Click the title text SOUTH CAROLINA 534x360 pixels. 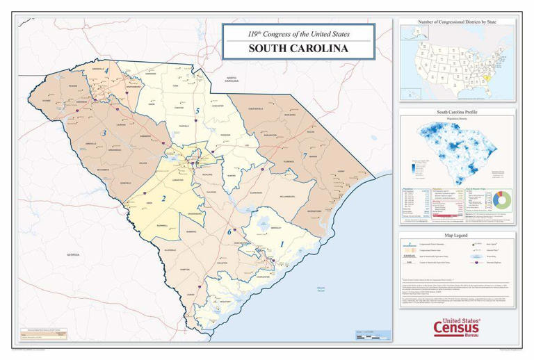coord(300,49)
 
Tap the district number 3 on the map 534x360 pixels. coord(104,133)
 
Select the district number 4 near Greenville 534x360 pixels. coord(106,72)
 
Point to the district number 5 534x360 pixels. coord(197,111)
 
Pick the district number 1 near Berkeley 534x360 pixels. coord(282,244)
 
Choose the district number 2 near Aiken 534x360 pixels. coord(163,199)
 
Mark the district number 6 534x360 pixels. coord(228,231)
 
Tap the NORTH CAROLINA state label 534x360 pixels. coord(231,79)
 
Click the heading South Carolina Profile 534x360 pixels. coord(457,112)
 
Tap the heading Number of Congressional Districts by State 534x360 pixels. coord(457,22)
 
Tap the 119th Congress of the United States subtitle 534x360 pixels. coord(300,33)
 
